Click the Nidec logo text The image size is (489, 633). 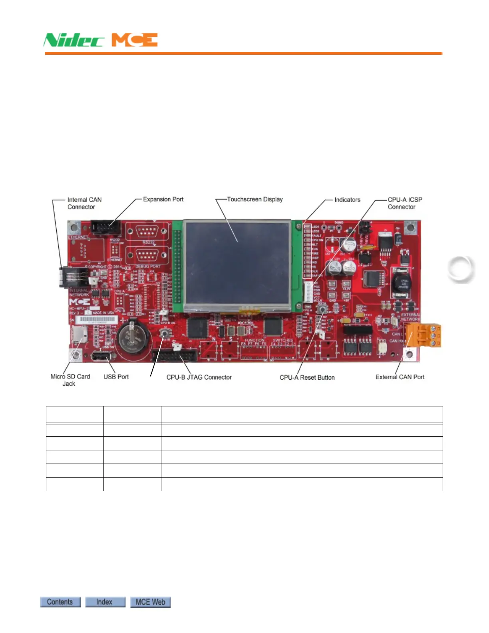click(74, 40)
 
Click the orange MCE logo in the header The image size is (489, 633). click(135, 40)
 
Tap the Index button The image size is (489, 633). click(105, 602)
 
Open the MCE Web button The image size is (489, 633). click(150, 602)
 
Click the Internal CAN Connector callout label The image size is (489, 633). click(84, 203)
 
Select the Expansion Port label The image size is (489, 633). click(163, 199)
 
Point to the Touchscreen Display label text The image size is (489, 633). click(254, 199)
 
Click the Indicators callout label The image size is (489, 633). click(347, 200)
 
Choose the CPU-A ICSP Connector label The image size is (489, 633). click(404, 203)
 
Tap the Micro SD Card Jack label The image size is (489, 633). click(70, 380)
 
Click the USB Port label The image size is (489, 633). click(116, 376)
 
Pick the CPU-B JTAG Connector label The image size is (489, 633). click(199, 377)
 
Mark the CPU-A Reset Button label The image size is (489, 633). click(307, 378)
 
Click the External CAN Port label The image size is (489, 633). click(400, 377)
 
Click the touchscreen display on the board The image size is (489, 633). click(237, 265)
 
